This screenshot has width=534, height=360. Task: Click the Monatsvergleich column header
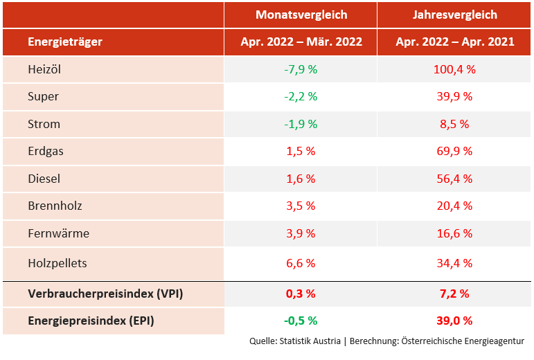click(301, 15)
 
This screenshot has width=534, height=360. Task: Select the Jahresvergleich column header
click(455, 15)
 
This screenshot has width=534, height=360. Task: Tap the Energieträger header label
click(65, 42)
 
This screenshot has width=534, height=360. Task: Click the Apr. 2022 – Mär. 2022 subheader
click(301, 42)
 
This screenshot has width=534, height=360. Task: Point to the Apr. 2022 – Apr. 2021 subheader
click(455, 42)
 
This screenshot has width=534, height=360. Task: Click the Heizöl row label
click(45, 69)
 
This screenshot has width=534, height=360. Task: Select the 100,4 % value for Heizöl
click(455, 69)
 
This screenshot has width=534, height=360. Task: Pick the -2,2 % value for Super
click(301, 96)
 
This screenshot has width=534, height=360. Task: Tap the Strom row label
click(44, 124)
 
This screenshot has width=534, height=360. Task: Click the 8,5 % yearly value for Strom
click(455, 124)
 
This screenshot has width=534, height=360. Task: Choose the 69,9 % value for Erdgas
click(455, 151)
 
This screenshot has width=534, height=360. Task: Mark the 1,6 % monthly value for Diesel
click(301, 179)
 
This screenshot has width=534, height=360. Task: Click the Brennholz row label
click(53, 206)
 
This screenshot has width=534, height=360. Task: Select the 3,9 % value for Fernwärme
click(301, 233)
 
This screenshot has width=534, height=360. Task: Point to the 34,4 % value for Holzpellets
click(455, 263)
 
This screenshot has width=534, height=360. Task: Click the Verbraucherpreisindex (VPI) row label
click(105, 294)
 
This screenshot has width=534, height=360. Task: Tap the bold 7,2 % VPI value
click(455, 294)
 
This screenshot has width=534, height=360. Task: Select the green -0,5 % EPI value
click(301, 321)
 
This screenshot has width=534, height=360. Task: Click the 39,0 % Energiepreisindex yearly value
click(455, 321)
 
